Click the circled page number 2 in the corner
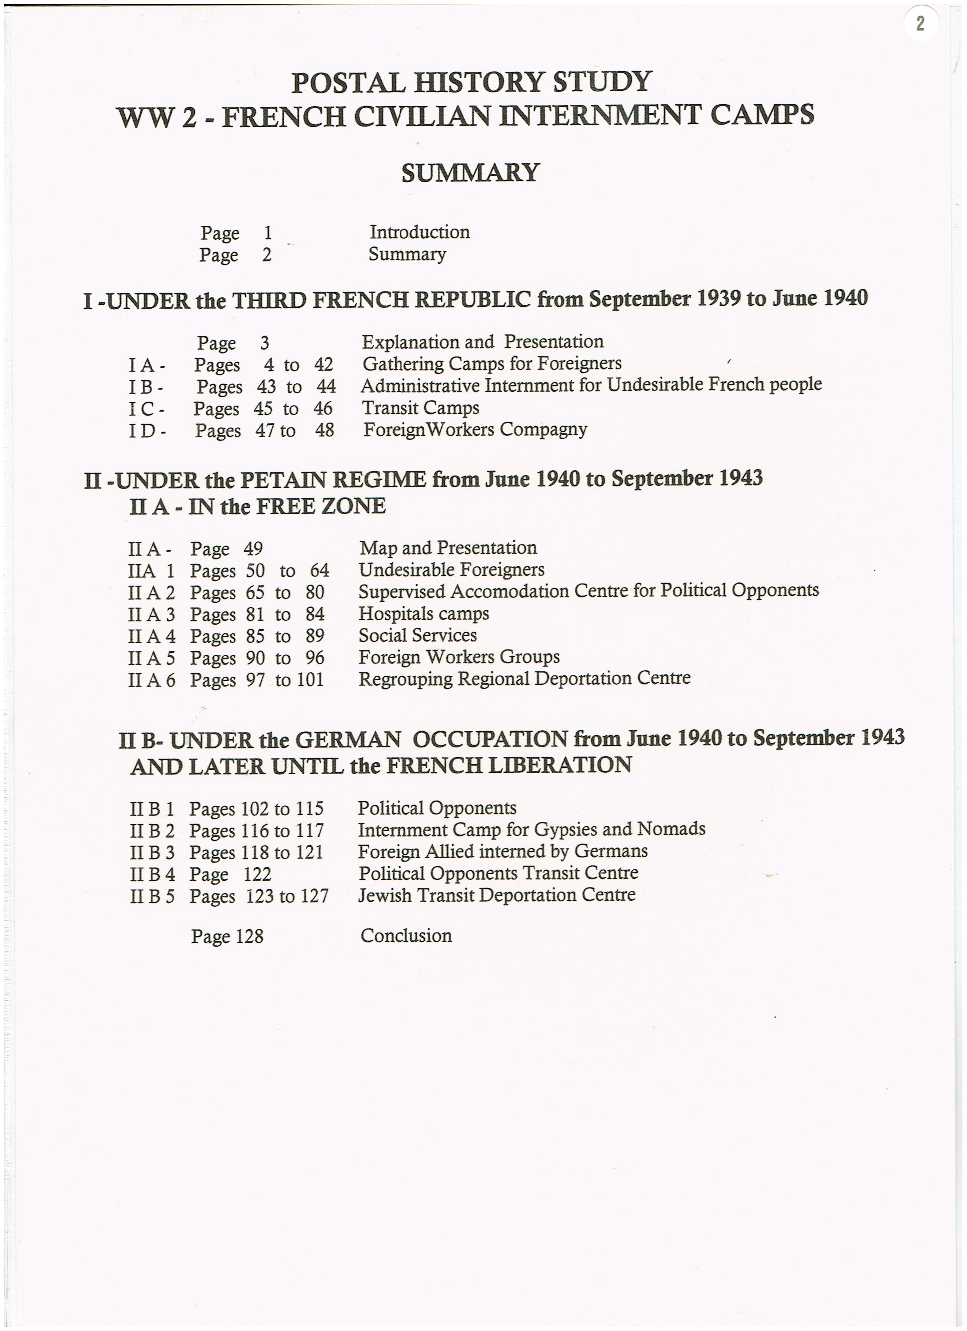point(920,24)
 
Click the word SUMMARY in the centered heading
point(470,173)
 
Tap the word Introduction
point(419,232)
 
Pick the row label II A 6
point(151,680)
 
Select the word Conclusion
point(406,936)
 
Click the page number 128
point(249,936)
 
